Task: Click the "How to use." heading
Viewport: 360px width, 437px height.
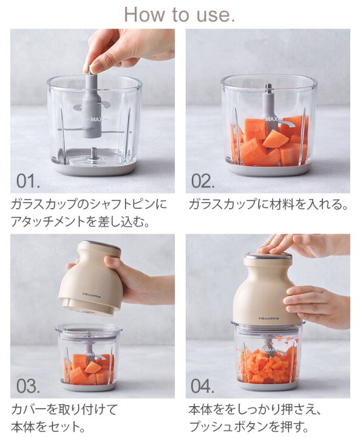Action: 179,14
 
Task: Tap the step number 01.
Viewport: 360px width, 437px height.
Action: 28,181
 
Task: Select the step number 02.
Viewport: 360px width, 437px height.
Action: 203,181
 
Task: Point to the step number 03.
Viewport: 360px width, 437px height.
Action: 28,386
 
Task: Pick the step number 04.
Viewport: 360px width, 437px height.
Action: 203,386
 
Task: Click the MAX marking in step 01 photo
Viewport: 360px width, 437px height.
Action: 97,120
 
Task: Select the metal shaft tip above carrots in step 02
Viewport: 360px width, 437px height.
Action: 268,89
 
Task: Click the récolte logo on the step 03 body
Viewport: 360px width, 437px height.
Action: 91,295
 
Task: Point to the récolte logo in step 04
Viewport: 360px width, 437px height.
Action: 269,318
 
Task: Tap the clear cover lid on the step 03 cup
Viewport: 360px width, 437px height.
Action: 89,331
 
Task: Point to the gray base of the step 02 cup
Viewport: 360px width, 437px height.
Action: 268,171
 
